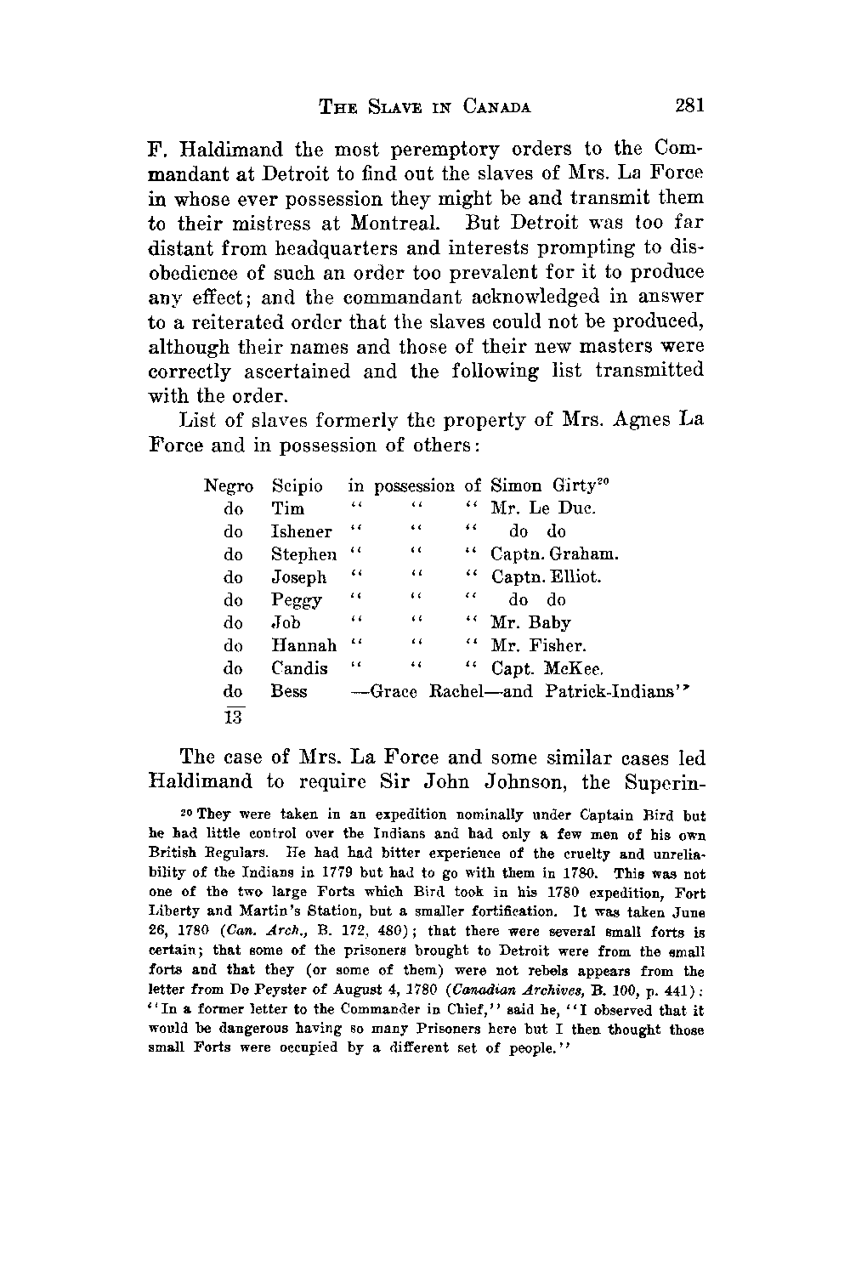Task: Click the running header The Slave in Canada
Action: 425,107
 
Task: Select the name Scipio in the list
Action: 297,486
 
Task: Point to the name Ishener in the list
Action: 301,532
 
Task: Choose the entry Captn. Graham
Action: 554,554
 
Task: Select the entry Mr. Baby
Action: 530,623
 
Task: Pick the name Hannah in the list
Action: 303,646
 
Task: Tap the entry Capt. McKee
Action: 547,669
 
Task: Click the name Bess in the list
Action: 288,692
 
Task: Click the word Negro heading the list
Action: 229,486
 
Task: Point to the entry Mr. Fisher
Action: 538,646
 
